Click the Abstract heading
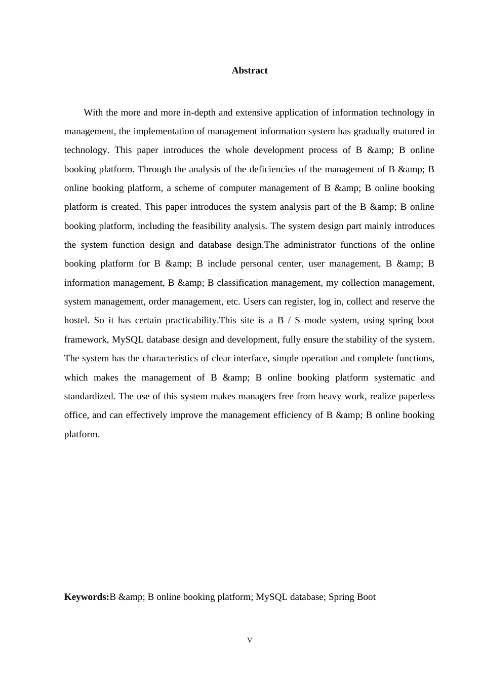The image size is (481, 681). (250, 71)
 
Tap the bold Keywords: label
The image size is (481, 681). (87, 597)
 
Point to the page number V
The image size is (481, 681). (250, 640)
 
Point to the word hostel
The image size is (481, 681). (76, 321)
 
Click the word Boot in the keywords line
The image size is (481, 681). (366, 597)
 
